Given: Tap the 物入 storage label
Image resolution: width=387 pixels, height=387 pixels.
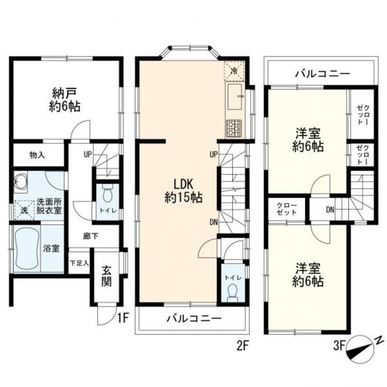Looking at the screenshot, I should [38, 154].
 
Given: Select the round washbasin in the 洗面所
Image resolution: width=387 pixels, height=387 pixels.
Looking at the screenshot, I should [22, 182].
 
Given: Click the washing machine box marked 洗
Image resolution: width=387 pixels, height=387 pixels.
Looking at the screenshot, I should [24, 209].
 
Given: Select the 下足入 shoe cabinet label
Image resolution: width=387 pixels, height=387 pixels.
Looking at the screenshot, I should [79, 263].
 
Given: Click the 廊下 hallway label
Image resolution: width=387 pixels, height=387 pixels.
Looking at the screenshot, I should [91, 236].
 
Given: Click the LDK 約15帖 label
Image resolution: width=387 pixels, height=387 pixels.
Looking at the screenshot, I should [183, 189].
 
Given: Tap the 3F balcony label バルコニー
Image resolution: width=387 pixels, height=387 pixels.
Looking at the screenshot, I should [322, 74].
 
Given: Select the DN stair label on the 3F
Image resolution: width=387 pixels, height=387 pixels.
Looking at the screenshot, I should [331, 209].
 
